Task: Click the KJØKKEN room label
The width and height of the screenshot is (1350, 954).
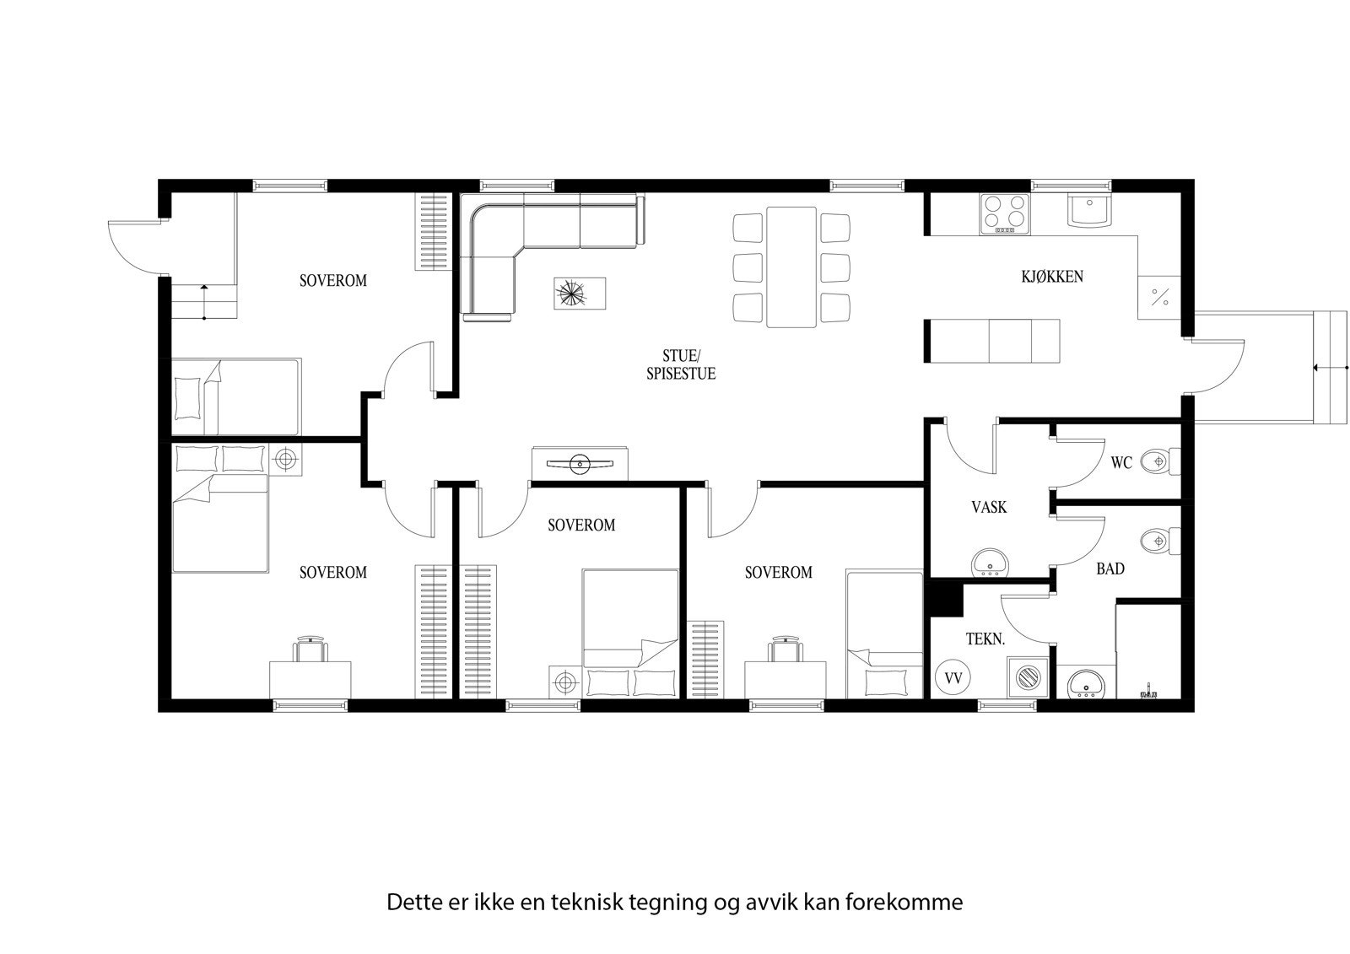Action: pos(1051,277)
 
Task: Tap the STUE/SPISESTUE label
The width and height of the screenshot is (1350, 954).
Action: pos(681,365)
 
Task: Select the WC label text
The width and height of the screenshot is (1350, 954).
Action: pos(1121,463)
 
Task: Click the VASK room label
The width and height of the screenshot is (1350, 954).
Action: pos(989,508)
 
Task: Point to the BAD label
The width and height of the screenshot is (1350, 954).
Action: pos(1110,569)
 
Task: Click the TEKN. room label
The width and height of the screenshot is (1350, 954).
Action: pos(985,640)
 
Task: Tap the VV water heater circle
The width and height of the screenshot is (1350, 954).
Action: pos(953,677)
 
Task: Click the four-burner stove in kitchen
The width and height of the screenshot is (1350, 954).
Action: pos(1005,213)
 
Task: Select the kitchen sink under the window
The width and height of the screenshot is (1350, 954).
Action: pos(1089,210)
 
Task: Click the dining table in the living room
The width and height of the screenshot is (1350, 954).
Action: pos(791,267)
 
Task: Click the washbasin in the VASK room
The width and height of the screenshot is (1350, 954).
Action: pos(988,563)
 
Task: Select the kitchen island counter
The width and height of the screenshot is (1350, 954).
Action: pos(993,341)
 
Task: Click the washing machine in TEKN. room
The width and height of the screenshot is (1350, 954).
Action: pos(1029,677)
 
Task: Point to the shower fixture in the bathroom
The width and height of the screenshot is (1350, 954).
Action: pos(1147,693)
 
